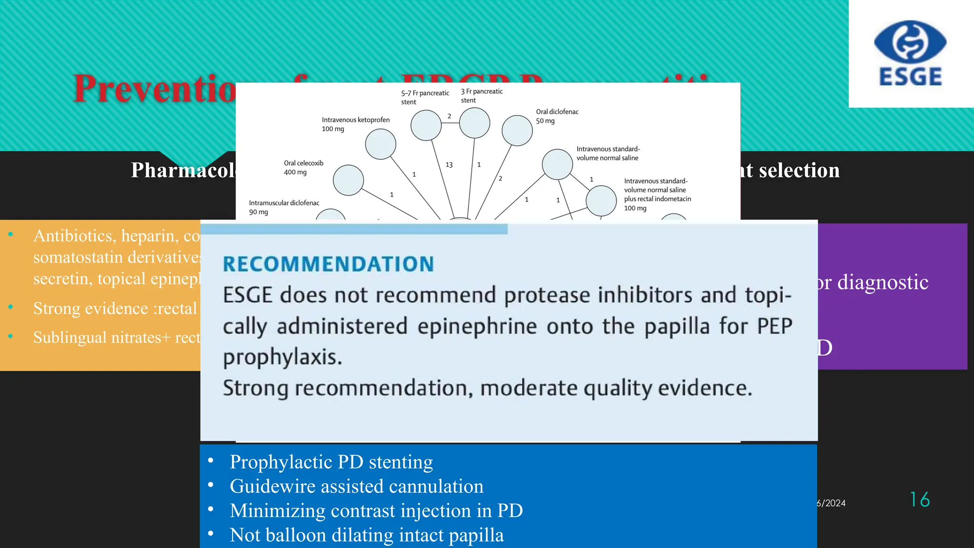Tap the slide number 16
920,499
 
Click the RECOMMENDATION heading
328,264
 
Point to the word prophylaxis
282,357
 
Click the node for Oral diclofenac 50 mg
517,130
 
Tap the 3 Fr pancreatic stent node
474,123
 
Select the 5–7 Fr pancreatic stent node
426,125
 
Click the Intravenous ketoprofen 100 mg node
380,144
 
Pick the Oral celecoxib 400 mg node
348,180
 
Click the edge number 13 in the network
449,165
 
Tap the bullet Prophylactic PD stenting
331,462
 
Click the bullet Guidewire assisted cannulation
356,486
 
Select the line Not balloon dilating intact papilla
366,535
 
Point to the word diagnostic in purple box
882,282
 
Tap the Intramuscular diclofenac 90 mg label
283,207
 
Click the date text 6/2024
831,503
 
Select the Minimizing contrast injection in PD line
376,510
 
